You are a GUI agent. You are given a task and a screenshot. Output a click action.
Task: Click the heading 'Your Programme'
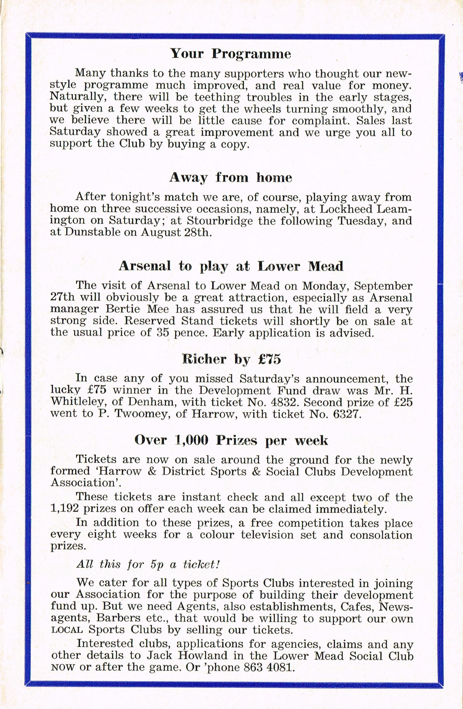point(231,54)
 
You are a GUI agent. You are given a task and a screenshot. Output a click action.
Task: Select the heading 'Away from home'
point(231,178)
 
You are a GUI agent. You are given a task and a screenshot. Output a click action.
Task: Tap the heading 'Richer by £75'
point(231,359)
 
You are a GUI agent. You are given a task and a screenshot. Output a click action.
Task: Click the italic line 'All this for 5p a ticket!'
point(148,564)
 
